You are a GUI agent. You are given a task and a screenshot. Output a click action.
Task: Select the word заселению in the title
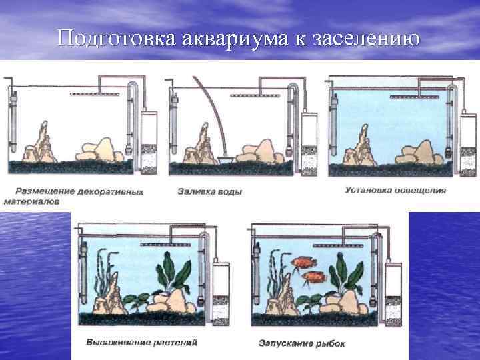(x=365, y=38)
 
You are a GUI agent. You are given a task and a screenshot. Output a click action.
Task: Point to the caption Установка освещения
(x=395, y=189)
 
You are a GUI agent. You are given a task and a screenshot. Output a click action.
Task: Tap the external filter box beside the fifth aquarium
(x=393, y=287)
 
